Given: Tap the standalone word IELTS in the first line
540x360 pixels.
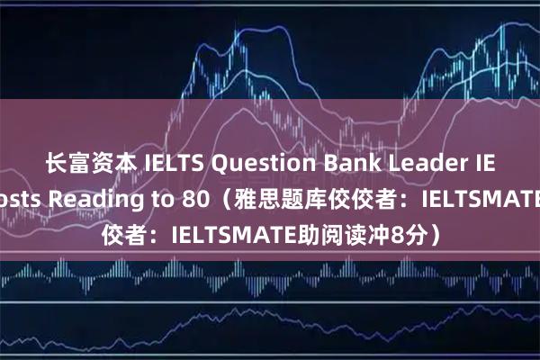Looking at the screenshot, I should (170, 164).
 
